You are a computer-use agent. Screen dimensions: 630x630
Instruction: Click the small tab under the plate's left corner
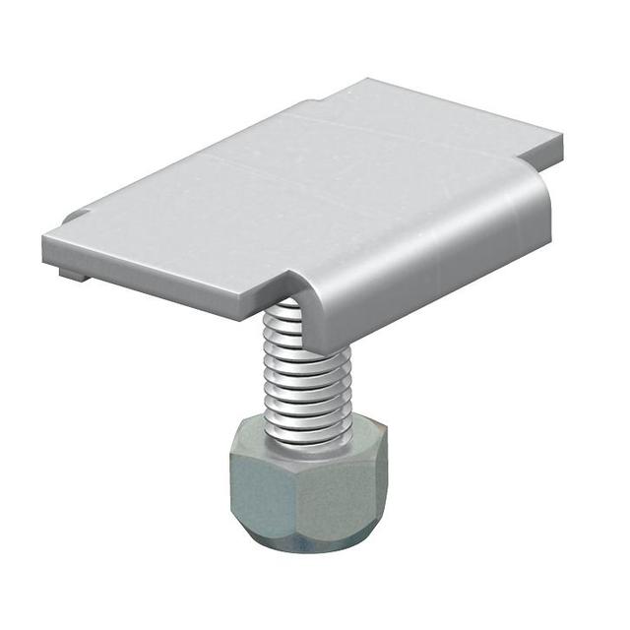click(x=71, y=273)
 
